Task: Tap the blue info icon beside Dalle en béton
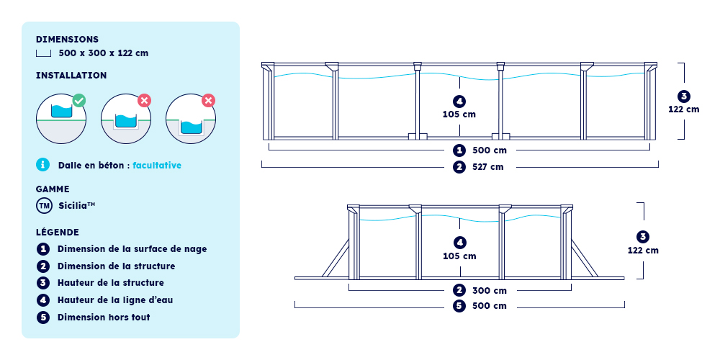tap(42, 165)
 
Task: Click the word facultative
tap(157, 166)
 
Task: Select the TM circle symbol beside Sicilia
tap(43, 206)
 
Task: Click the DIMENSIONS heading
tap(67, 40)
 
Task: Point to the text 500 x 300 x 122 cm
tap(103, 53)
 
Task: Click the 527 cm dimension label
tap(488, 167)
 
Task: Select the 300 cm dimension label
tap(490, 291)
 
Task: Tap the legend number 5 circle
tap(43, 318)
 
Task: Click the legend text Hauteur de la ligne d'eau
tap(115, 300)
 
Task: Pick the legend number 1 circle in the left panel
tap(43, 249)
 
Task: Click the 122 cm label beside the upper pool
tap(684, 109)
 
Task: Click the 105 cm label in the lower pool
tap(459, 256)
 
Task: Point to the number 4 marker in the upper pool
tap(459, 101)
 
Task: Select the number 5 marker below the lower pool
tap(459, 306)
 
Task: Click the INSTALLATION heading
tap(71, 76)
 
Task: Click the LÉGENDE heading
tap(58, 232)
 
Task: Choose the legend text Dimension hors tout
tap(104, 318)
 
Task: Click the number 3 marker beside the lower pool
tap(643, 237)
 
